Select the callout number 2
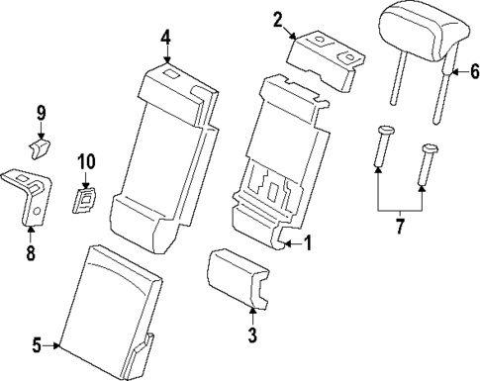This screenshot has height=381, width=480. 278,18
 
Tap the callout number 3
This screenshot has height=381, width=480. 252,334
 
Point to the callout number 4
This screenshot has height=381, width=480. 166,38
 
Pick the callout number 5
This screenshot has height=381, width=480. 38,344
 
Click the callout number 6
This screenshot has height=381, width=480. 473,71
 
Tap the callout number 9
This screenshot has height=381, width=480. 41,113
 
